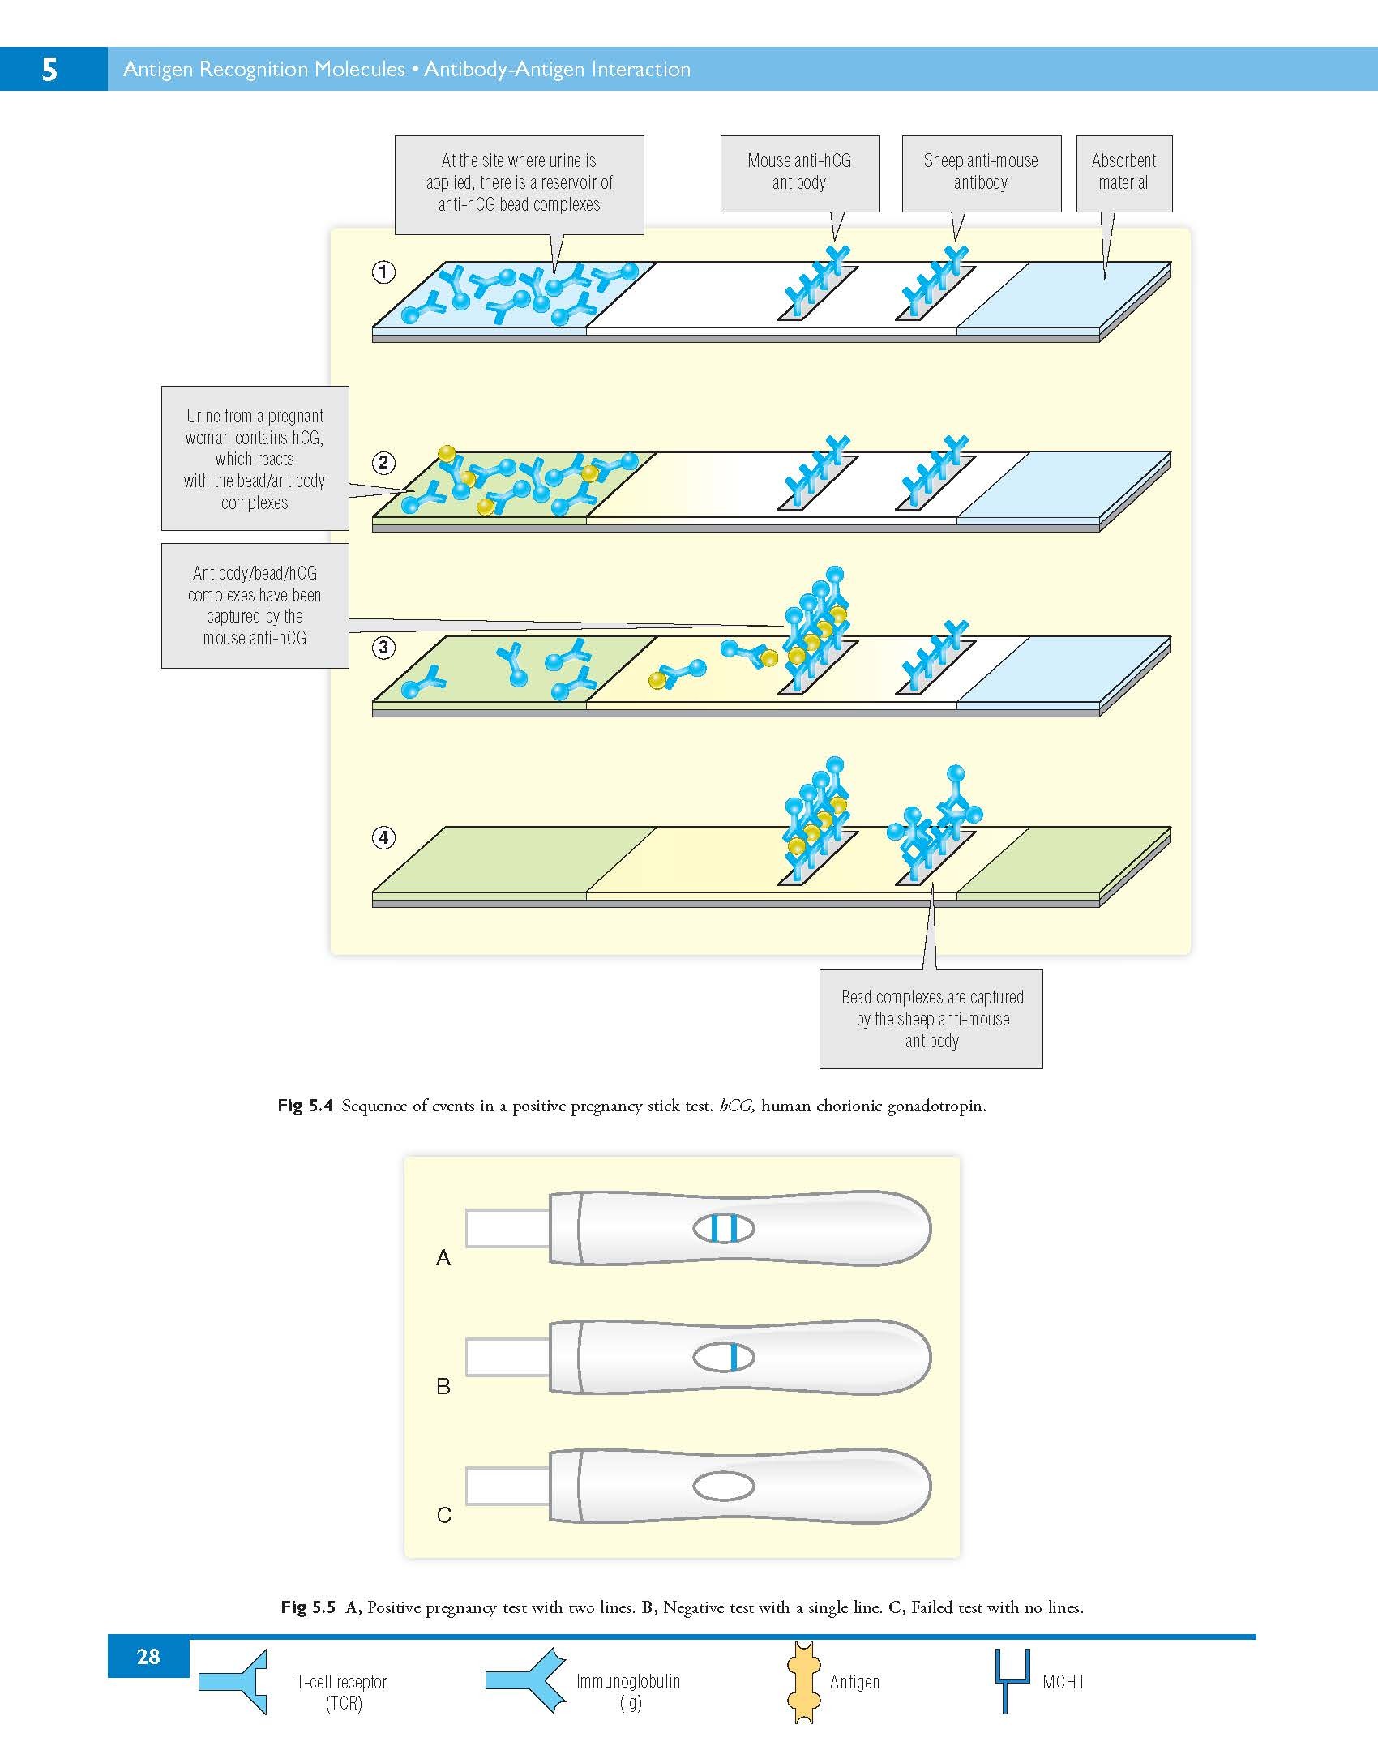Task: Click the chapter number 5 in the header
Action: tap(49, 70)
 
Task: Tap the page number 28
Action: tap(148, 1657)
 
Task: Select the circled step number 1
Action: tap(383, 272)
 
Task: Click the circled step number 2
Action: tap(383, 463)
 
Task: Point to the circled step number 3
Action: tap(383, 648)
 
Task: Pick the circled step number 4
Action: tap(383, 837)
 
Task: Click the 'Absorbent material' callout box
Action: tap(1123, 173)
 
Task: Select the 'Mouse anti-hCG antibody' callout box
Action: tap(799, 173)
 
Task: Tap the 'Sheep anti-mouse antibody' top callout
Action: tap(981, 173)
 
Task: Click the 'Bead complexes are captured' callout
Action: tap(931, 1019)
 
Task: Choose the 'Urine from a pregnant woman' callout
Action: tap(255, 459)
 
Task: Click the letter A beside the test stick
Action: tap(443, 1258)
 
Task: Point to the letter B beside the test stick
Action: tap(443, 1387)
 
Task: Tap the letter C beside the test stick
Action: tap(444, 1515)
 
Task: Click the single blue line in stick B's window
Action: tap(734, 1358)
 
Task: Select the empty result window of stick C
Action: tap(724, 1487)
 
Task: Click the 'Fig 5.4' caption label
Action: tap(305, 1106)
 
